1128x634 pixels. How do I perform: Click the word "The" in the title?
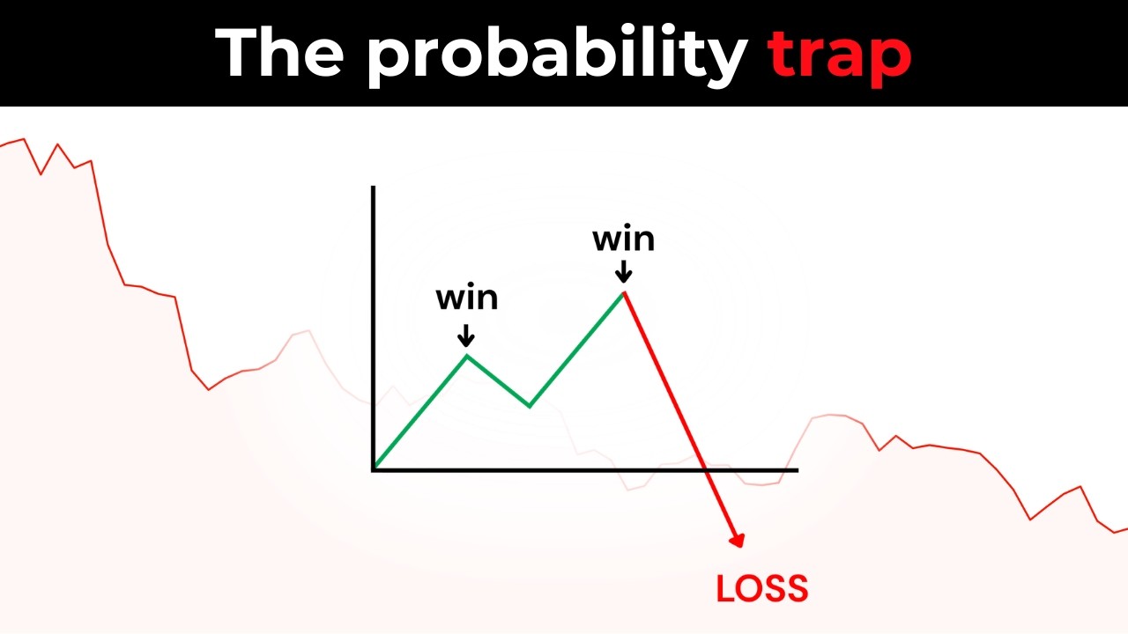coord(279,53)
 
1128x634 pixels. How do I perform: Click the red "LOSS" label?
coord(762,588)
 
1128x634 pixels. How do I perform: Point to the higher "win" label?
coord(624,239)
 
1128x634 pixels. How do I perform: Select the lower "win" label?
coord(467,298)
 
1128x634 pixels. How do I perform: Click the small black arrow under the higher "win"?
coord(624,270)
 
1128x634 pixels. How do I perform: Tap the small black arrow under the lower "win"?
coord(467,335)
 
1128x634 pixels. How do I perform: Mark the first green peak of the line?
coord(467,356)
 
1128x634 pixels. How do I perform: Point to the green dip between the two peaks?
coord(530,406)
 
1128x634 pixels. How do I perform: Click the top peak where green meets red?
coord(624,291)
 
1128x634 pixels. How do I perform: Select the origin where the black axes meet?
coord(374,469)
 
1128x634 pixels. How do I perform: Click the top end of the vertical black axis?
coord(374,188)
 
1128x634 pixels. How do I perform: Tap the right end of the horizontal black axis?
coord(797,469)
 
